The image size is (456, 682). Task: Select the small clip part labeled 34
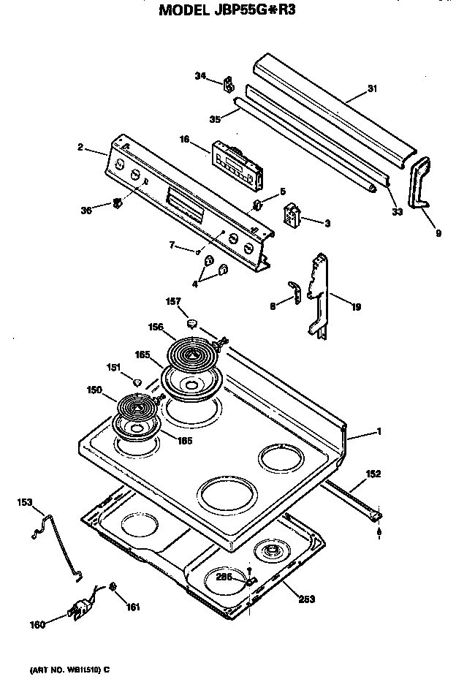pos(227,83)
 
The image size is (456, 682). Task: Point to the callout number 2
pos(79,148)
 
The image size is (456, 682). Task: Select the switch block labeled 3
pos(294,216)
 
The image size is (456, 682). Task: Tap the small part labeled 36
pos(115,203)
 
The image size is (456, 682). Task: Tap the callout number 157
pos(172,300)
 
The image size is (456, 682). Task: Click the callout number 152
pos(372,474)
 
